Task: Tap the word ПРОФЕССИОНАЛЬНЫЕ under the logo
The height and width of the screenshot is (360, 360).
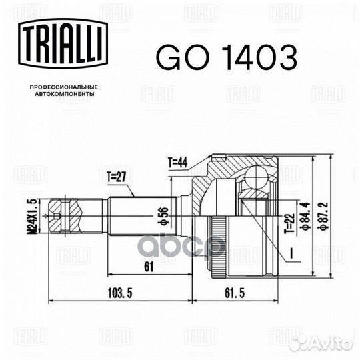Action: pyautogui.click(x=64, y=88)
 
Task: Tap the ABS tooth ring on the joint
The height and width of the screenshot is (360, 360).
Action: pyautogui.click(x=215, y=233)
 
